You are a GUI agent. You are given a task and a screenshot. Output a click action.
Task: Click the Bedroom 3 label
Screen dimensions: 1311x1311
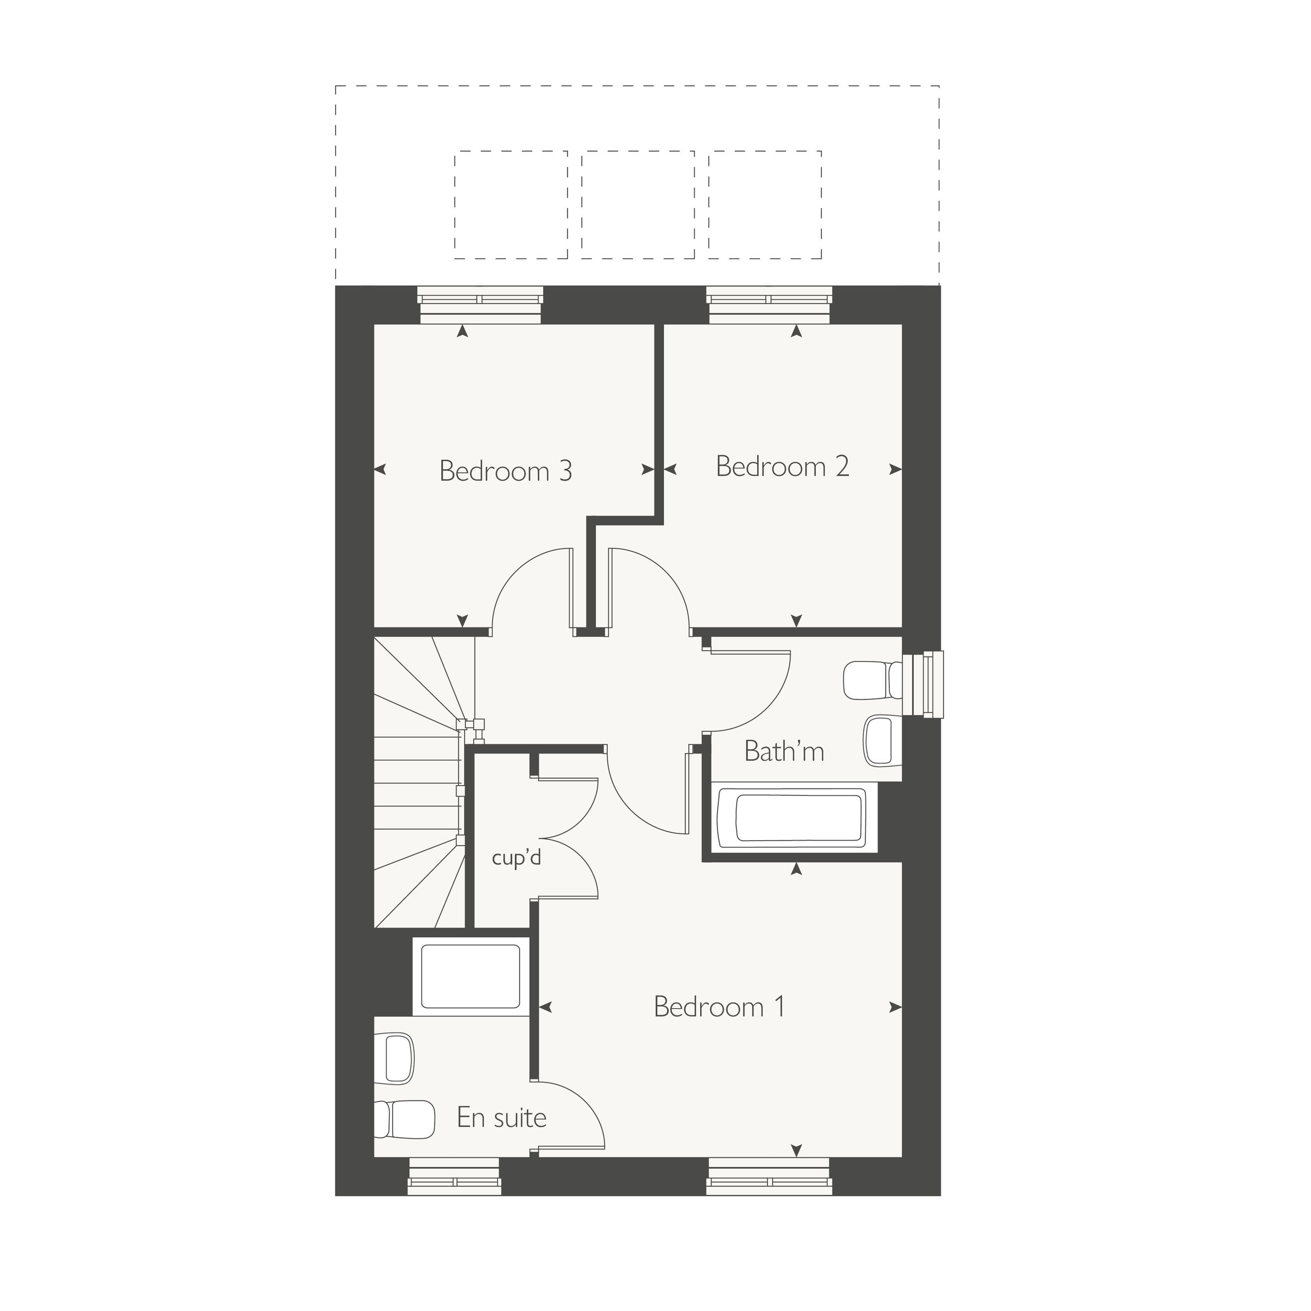click(x=506, y=471)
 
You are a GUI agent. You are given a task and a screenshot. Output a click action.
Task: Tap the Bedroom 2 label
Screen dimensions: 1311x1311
click(x=783, y=466)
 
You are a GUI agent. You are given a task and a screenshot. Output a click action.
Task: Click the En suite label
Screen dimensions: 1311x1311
click(x=502, y=1118)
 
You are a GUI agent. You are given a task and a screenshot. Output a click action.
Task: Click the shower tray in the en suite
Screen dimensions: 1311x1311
click(x=471, y=976)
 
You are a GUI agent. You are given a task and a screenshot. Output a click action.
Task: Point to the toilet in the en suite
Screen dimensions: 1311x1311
click(x=404, y=1120)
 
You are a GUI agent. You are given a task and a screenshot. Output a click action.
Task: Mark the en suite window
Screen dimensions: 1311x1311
click(x=455, y=1176)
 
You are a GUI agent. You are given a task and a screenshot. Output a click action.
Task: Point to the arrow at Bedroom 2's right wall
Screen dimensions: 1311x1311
click(x=896, y=469)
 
